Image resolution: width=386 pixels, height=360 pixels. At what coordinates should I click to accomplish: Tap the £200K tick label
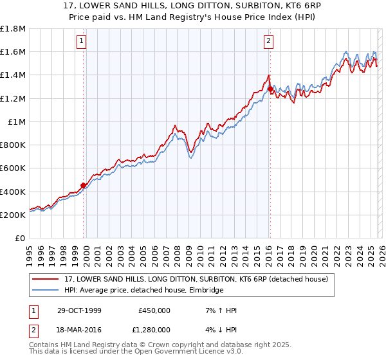(13, 215)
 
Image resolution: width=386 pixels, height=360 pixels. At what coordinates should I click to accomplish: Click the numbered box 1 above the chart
(83, 42)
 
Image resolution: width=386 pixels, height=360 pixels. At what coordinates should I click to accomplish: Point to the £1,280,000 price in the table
(154, 329)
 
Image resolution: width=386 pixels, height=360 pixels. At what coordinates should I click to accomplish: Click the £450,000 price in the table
(154, 310)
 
